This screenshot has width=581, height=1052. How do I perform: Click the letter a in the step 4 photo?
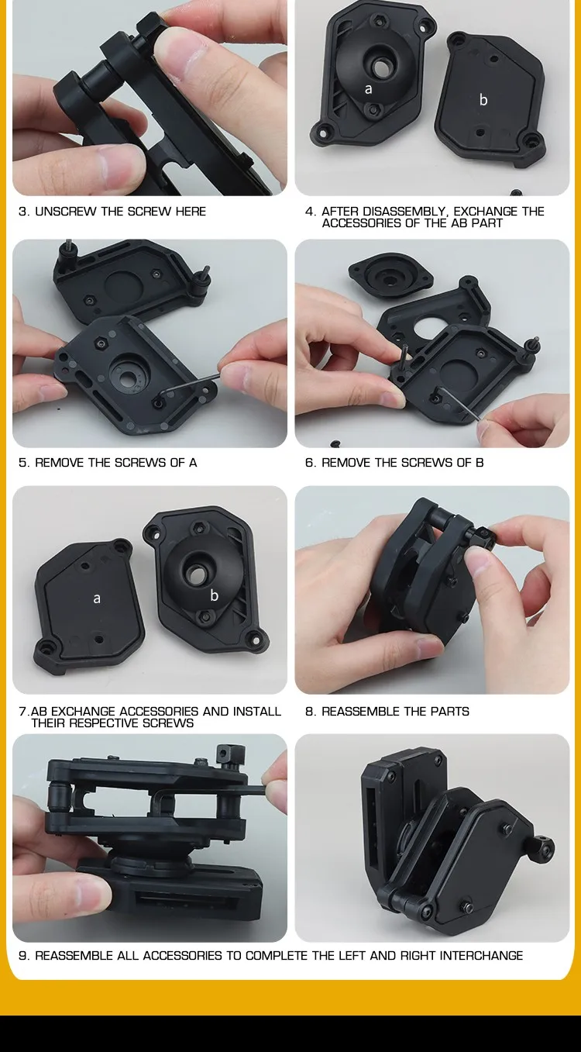pyautogui.click(x=369, y=89)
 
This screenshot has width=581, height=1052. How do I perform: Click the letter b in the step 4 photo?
pyautogui.click(x=483, y=99)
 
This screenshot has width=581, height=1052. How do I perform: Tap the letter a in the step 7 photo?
pyautogui.click(x=97, y=598)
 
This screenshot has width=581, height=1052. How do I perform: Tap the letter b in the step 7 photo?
pyautogui.click(x=215, y=595)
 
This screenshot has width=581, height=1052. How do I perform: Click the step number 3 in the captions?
pyautogui.click(x=22, y=212)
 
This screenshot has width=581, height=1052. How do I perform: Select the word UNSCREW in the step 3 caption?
pyautogui.click(x=66, y=212)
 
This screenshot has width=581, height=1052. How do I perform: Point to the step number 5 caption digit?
pyautogui.click(x=22, y=463)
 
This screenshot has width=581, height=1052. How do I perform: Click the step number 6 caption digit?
pyautogui.click(x=309, y=463)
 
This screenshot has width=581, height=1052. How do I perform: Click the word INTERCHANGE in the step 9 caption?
pyautogui.click(x=481, y=956)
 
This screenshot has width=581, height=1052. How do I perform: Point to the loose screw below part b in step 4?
pyautogui.click(x=517, y=192)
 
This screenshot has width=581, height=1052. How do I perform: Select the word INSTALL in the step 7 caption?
pyautogui.click(x=256, y=712)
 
